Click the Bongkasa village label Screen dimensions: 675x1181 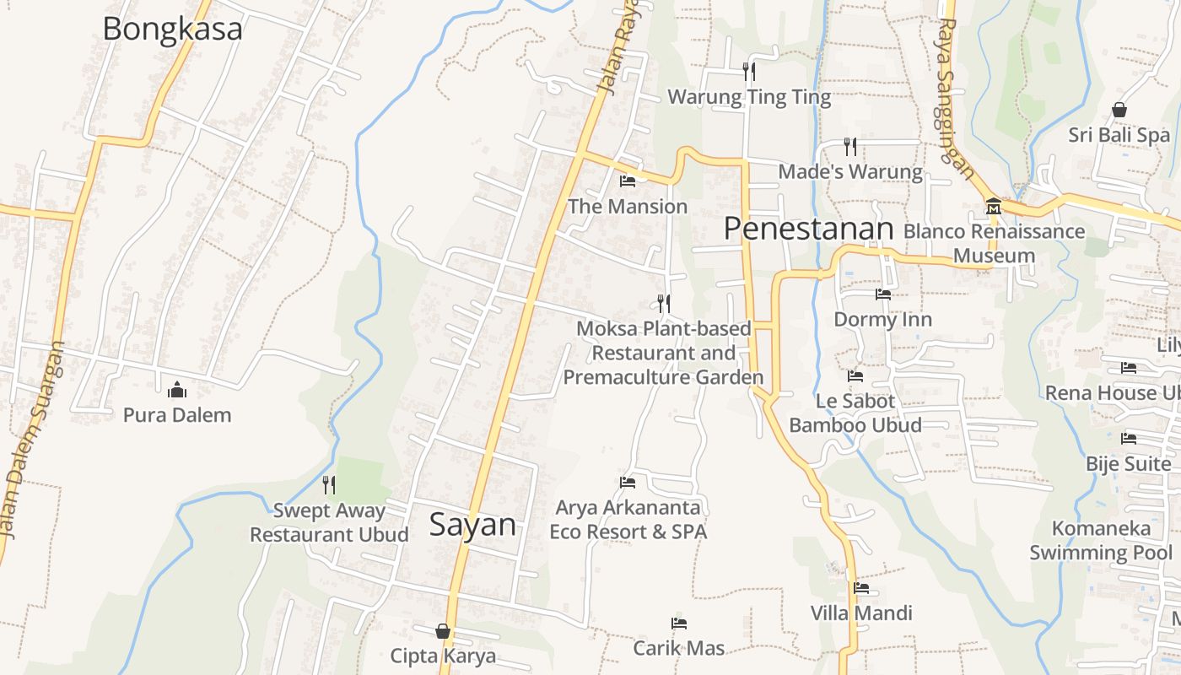pyautogui.click(x=172, y=29)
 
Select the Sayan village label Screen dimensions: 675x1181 pyautogui.click(x=472, y=525)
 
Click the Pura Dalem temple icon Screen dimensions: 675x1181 pyautogui.click(x=177, y=390)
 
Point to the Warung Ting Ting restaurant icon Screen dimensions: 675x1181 pyautogui.click(x=748, y=72)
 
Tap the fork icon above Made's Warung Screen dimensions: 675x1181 pyautogui.click(x=850, y=147)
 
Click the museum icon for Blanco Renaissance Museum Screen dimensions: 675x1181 pyautogui.click(x=993, y=207)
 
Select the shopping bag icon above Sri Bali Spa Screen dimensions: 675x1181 pyautogui.click(x=1119, y=110)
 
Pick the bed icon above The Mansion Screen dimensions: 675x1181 pyautogui.click(x=628, y=181)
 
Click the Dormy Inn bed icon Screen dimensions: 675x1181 pyautogui.click(x=883, y=294)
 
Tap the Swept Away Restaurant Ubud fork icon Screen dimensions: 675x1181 pyautogui.click(x=329, y=484)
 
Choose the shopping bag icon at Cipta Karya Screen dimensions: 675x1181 pyautogui.click(x=443, y=631)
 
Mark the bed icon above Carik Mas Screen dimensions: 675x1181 pyautogui.click(x=679, y=624)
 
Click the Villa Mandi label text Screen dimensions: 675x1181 pyautogui.click(x=861, y=613)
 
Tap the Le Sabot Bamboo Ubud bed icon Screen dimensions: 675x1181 pyautogui.click(x=855, y=375)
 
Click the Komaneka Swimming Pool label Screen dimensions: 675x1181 pyautogui.click(x=1101, y=541)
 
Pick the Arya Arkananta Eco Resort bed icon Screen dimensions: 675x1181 pyautogui.click(x=628, y=482)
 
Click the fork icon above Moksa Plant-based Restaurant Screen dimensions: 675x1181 pyautogui.click(x=664, y=303)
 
